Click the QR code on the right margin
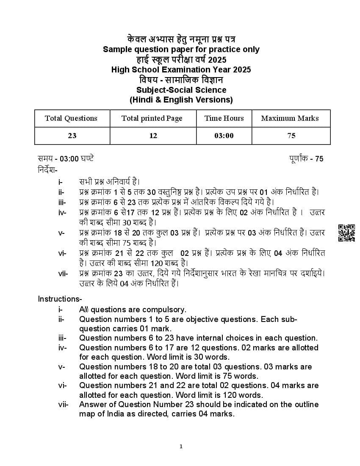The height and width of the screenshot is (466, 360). [x=346, y=233]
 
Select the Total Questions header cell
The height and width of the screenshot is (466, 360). [x=71, y=118]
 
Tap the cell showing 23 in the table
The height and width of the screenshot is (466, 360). [x=72, y=136]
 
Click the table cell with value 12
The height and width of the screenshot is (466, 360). [x=153, y=136]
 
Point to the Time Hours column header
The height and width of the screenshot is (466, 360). [x=224, y=118]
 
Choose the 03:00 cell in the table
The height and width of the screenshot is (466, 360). [x=224, y=136]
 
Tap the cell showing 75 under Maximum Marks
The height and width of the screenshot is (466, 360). [x=291, y=136]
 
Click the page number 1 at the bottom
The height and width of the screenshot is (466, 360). [x=181, y=446]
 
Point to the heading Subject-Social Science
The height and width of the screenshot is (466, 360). [x=181, y=90]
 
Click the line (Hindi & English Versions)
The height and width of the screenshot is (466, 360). [x=181, y=100]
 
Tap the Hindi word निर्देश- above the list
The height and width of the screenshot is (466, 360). [x=47, y=169]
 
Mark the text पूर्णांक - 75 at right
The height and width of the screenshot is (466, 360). [x=306, y=159]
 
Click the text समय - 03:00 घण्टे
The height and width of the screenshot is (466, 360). [x=66, y=159]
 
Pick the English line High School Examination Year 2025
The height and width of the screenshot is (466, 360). [x=181, y=69]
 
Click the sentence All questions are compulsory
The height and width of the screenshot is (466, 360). [x=133, y=310]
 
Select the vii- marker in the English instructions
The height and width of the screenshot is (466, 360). [x=63, y=405]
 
